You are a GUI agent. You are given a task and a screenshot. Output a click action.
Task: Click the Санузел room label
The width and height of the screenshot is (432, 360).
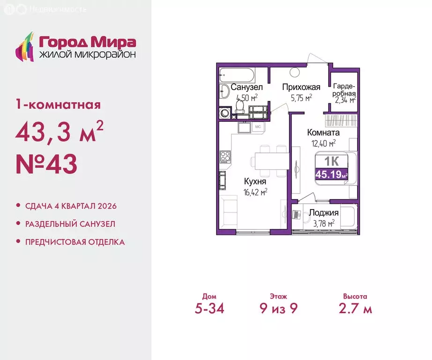point(247,87)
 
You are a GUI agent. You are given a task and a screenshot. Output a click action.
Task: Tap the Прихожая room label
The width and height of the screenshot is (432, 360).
point(301,87)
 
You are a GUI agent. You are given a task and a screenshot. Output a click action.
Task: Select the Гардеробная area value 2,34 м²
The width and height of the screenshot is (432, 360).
point(345,99)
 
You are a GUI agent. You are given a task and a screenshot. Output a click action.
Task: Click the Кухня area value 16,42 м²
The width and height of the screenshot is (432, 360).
point(255,191)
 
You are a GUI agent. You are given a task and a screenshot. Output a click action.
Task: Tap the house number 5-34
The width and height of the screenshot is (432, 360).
point(206,309)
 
